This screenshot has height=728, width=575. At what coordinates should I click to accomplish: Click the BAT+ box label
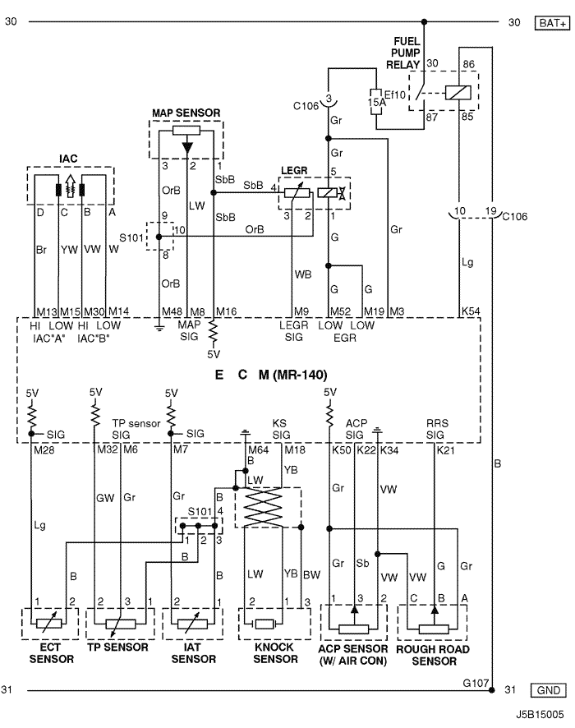[x=552, y=22]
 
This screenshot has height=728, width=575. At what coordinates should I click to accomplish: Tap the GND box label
[x=548, y=690]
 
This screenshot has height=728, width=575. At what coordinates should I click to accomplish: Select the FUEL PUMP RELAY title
[x=404, y=53]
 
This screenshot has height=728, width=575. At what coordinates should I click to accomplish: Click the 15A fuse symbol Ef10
[x=376, y=101]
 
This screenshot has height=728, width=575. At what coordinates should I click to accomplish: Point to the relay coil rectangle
[x=458, y=92]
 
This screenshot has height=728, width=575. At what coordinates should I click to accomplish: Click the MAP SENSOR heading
[x=186, y=113]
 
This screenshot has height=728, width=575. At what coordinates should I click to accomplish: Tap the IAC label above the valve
[x=68, y=159]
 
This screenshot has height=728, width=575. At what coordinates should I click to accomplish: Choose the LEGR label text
[x=294, y=170]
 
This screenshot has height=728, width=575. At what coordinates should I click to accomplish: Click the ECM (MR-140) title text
[x=270, y=375]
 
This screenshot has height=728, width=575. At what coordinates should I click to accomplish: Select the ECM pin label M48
[x=172, y=311]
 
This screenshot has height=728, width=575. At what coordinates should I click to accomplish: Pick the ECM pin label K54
[x=471, y=311]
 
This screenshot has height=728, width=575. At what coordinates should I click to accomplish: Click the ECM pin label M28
[x=44, y=450]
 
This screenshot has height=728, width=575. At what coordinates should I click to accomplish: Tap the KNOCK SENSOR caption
[x=275, y=652]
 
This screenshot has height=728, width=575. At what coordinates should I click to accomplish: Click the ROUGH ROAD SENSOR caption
[x=433, y=655]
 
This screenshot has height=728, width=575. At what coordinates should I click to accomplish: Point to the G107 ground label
[x=476, y=683]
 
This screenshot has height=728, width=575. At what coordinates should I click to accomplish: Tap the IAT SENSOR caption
[x=194, y=652]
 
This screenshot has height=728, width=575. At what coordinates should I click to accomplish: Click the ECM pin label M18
[x=295, y=450]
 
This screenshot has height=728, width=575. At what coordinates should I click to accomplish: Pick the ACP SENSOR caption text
[x=352, y=655]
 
